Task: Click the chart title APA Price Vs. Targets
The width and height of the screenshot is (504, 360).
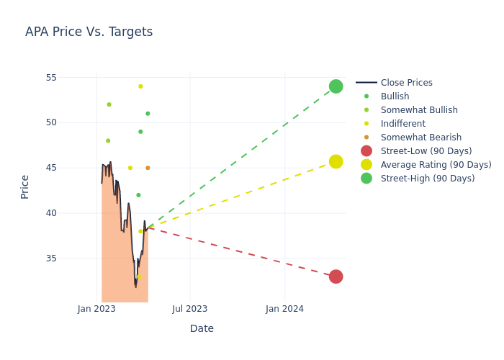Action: tap(89, 32)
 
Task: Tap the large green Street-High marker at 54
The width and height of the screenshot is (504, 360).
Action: tap(336, 86)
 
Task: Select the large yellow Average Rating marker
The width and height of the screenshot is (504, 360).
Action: tap(336, 161)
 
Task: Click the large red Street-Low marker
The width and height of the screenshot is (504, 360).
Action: tap(336, 276)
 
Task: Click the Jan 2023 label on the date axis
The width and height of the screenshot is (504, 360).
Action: tap(96, 309)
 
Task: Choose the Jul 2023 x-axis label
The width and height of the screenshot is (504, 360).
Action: tap(190, 309)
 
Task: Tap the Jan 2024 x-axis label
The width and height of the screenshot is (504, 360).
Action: tap(284, 309)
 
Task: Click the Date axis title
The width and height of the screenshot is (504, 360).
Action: tap(202, 328)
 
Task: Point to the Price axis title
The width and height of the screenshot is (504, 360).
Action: tap(25, 186)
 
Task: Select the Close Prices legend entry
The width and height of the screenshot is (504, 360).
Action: tap(406, 83)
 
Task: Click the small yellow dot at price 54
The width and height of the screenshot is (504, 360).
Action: tap(140, 86)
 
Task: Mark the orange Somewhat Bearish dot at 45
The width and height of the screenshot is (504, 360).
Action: tap(148, 168)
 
